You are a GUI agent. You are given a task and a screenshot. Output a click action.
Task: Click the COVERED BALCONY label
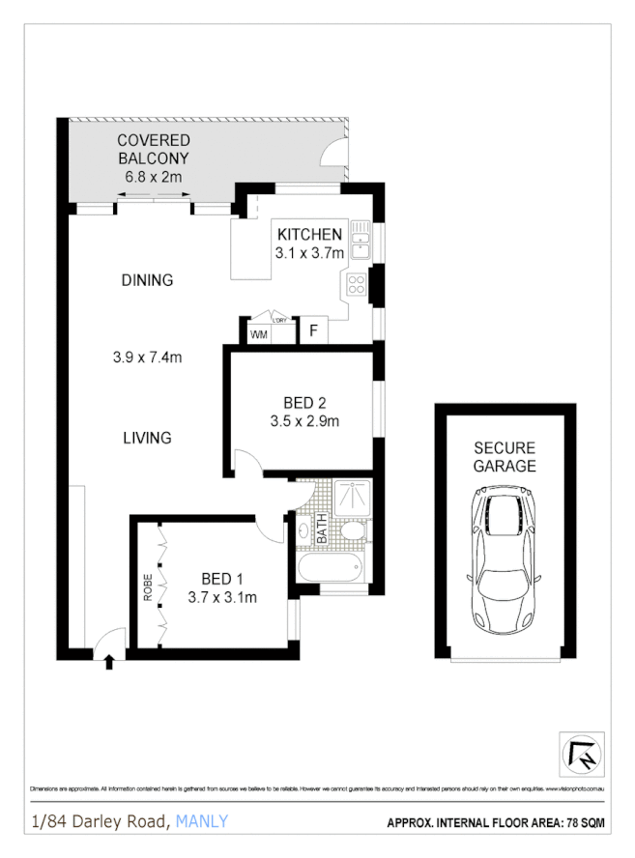click(x=153, y=149)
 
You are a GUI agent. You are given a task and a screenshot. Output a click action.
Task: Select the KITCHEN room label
click(x=309, y=234)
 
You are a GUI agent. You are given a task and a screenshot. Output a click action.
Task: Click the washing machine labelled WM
click(x=258, y=334)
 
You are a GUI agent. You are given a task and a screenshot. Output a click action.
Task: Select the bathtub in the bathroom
click(x=329, y=568)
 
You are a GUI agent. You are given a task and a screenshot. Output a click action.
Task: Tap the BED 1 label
click(x=221, y=579)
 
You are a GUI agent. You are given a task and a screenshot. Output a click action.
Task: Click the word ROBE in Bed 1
click(x=148, y=589)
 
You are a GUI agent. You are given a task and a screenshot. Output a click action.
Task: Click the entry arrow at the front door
click(x=108, y=662)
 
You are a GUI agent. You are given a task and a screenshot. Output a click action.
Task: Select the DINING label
click(x=147, y=280)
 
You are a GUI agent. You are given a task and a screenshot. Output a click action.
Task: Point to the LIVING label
click(x=147, y=438)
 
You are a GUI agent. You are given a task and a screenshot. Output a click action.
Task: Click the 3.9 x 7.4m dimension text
click(x=148, y=357)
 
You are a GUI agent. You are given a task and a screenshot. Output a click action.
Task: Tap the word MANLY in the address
click(x=203, y=822)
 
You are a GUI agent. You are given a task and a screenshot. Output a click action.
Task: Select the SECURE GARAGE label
click(x=504, y=457)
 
